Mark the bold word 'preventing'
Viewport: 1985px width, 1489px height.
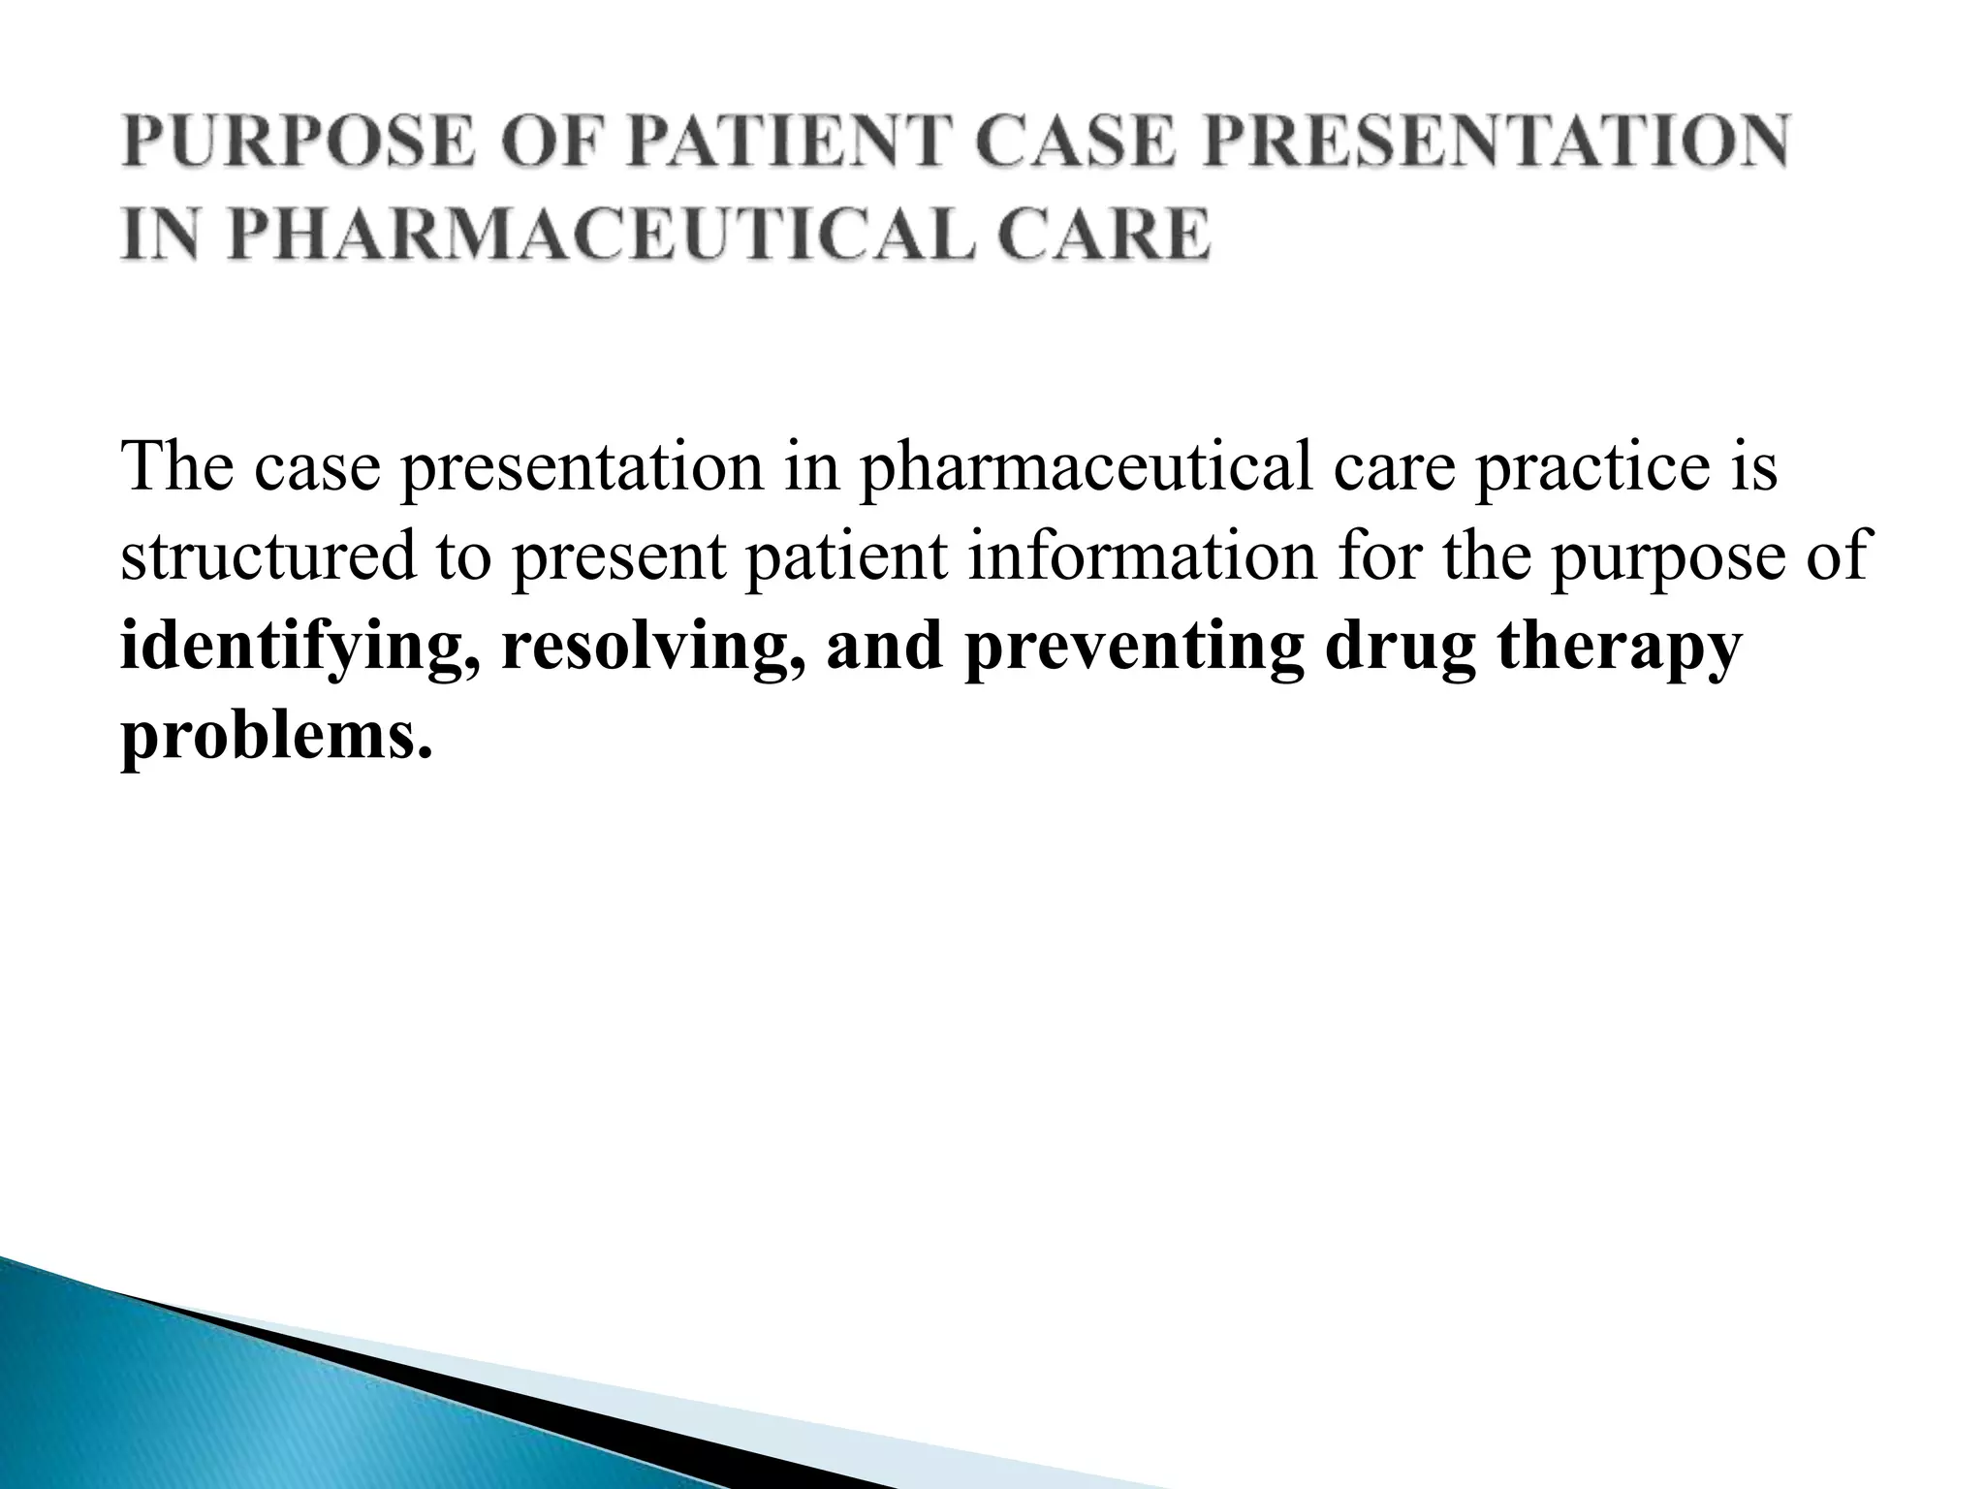pyautogui.click(x=1133, y=649)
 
